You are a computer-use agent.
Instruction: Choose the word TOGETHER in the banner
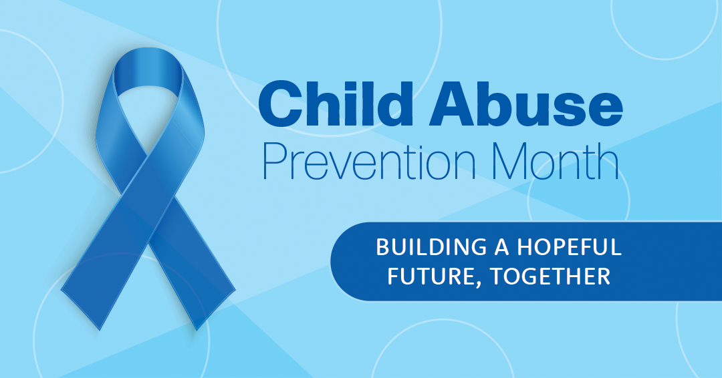(550, 276)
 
